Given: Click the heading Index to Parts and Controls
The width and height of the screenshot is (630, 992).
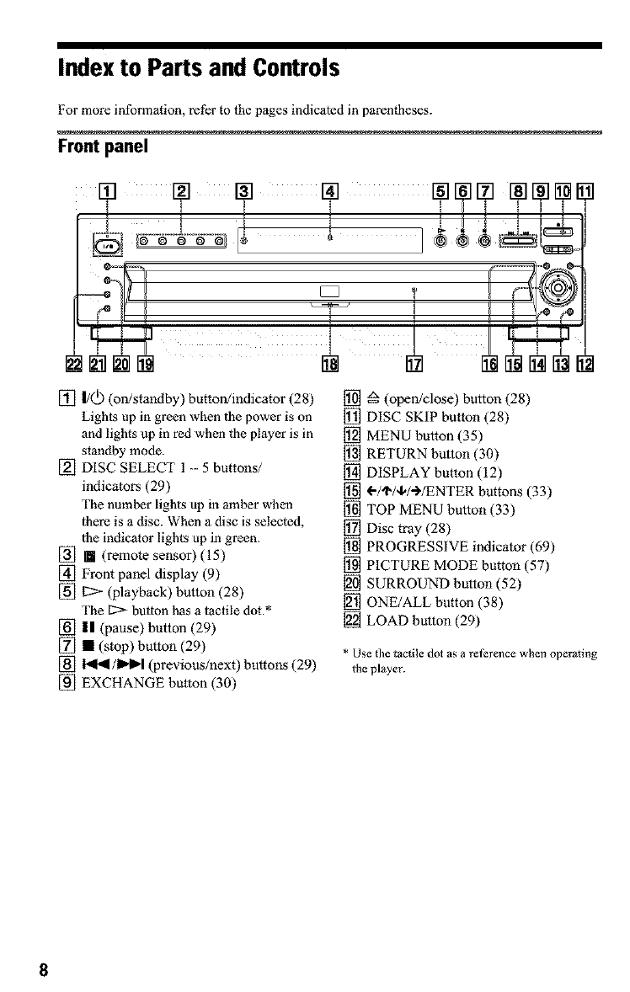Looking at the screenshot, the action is [x=199, y=67].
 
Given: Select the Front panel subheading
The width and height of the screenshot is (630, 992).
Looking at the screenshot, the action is [x=103, y=147].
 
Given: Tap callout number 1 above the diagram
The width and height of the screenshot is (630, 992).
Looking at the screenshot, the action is [x=108, y=190].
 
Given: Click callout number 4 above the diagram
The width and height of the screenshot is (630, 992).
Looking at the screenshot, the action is [x=331, y=190].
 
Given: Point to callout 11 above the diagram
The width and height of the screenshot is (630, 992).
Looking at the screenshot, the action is [x=585, y=190].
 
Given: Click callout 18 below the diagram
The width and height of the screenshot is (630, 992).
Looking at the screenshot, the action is [x=330, y=364].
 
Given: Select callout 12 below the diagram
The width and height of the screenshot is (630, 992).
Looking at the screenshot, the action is [x=585, y=364].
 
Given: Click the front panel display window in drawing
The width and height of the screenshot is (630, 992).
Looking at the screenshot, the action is [x=330, y=240].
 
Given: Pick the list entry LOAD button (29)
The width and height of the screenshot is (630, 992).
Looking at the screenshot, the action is [x=423, y=621].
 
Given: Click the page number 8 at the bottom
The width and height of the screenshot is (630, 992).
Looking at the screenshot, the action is [x=43, y=970].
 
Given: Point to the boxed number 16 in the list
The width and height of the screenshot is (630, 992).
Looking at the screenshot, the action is [x=352, y=510].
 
